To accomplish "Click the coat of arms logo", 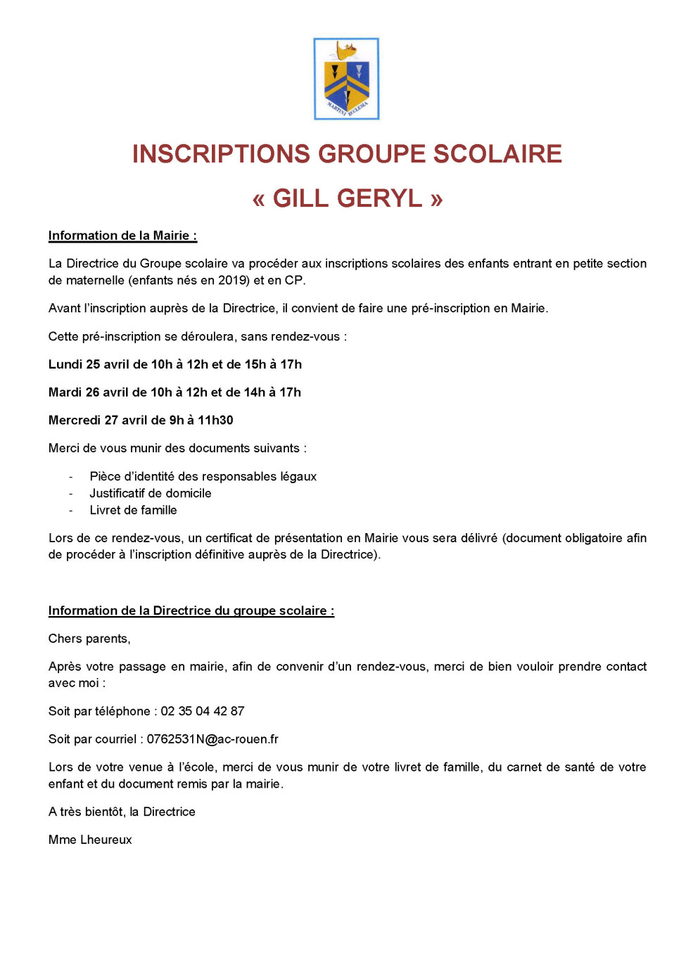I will click(346, 79).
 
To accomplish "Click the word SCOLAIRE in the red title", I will click(497, 154).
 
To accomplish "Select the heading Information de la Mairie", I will click(122, 236).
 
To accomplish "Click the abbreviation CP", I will click(293, 280).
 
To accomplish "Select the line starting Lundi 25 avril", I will click(174, 364).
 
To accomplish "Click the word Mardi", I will click(65, 392).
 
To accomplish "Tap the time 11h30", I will click(215, 421).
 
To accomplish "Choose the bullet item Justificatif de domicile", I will click(150, 494).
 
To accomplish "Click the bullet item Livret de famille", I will click(133, 511).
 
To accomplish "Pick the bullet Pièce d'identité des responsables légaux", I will click(203, 477).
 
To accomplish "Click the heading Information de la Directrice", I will click(191, 611).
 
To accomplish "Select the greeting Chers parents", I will click(89, 639).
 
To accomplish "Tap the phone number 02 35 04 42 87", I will click(203, 711).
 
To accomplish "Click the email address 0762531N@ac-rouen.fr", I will click(212, 739).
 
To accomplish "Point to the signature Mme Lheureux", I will click(90, 840).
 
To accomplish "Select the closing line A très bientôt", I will click(122, 812).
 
